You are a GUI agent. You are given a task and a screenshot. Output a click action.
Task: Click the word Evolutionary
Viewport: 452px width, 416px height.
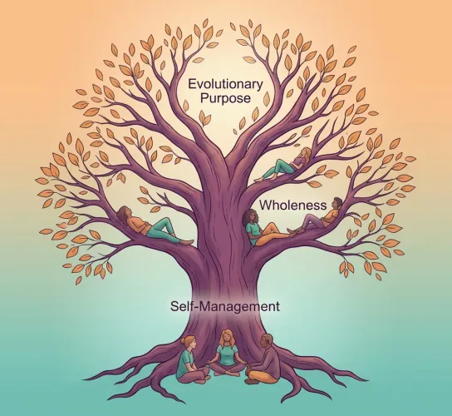pyautogui.click(x=225, y=84)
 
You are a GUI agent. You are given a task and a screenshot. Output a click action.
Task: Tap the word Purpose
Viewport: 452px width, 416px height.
pyautogui.click(x=225, y=98)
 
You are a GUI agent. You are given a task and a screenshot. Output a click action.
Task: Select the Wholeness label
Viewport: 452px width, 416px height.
pyautogui.click(x=293, y=206)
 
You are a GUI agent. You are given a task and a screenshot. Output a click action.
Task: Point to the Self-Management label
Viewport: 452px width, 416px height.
pyautogui.click(x=225, y=306)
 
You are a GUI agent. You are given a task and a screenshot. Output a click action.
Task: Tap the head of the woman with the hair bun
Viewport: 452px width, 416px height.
pyautogui.click(x=190, y=343)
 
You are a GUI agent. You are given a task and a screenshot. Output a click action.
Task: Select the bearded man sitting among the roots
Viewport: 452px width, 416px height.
pyautogui.click(x=263, y=359)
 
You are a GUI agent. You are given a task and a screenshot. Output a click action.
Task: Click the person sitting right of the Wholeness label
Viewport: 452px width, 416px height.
pyautogui.click(x=317, y=216)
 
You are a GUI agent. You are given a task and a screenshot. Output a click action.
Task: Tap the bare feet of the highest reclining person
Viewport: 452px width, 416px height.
pyautogui.click(x=259, y=179)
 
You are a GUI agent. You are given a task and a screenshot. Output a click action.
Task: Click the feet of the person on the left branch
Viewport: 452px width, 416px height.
pyautogui.click(x=188, y=242)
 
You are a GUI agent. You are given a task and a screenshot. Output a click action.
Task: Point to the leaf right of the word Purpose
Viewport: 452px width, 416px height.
pyautogui.click(x=267, y=99)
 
